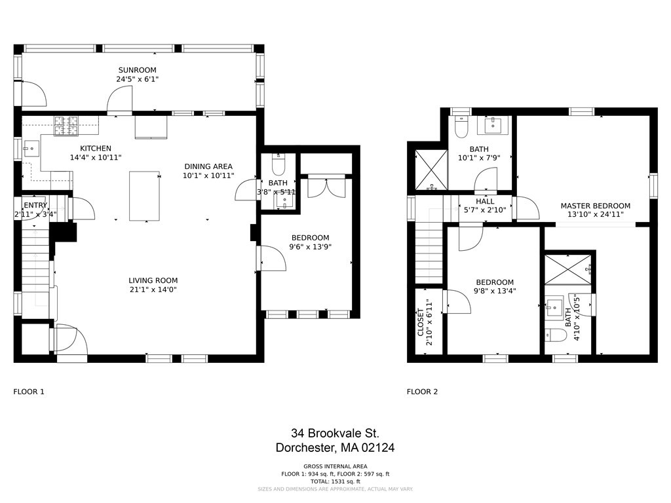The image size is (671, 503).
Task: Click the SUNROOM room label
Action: coord(138,70)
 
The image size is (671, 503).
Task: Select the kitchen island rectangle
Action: coord(144,196)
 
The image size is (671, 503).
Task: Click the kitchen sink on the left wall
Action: coord(31,149)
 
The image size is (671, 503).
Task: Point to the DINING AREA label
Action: coord(208,166)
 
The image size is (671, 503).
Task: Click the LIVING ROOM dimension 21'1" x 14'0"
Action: coord(153,289)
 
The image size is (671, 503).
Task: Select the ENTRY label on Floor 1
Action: coord(35,206)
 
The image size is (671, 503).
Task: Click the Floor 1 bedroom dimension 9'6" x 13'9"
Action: coord(309,248)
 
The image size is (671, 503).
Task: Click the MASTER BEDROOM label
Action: coord(595,206)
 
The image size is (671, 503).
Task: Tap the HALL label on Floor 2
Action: coord(486,201)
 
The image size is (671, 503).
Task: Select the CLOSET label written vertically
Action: coord(421,322)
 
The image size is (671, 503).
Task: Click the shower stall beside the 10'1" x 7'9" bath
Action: coord(431,169)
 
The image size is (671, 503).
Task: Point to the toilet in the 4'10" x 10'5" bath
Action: coord(556,335)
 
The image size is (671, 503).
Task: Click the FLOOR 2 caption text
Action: coord(422,392)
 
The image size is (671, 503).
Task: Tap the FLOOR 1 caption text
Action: coord(29,392)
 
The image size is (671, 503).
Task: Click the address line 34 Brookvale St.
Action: coord(335,433)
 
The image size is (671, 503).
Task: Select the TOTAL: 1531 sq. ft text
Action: coord(335,481)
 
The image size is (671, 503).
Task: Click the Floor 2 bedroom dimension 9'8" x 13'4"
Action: coord(495,291)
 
